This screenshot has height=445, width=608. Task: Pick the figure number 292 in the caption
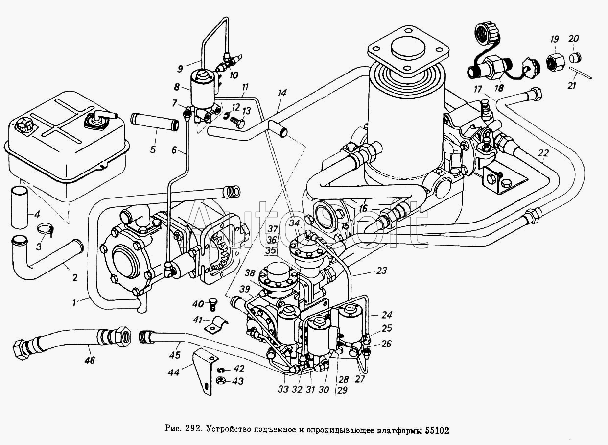tap(192, 431)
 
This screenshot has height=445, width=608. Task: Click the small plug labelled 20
tap(574, 58)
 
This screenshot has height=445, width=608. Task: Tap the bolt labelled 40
tap(213, 303)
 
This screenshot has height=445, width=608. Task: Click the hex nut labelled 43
tap(220, 380)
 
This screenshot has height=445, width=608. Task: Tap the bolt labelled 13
tap(239, 123)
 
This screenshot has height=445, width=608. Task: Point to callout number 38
tap(250, 273)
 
